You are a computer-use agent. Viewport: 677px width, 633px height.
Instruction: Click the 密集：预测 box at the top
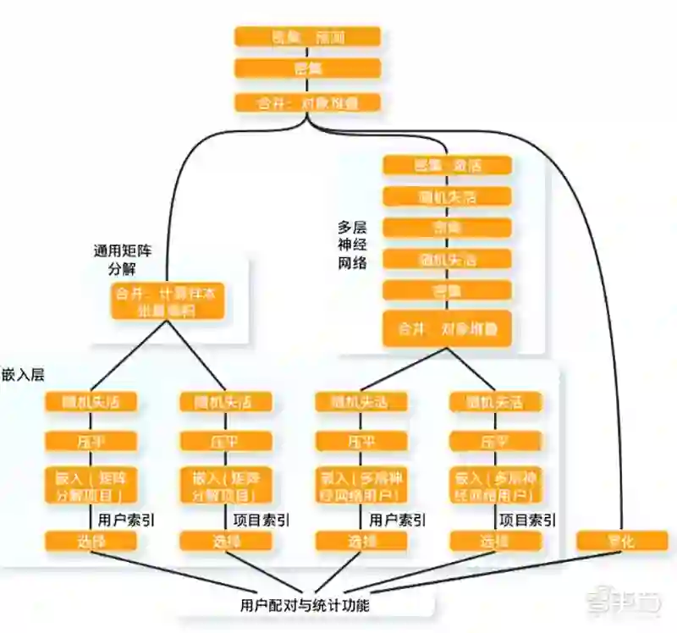point(307,36)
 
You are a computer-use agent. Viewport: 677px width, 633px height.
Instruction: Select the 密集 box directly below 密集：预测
point(307,69)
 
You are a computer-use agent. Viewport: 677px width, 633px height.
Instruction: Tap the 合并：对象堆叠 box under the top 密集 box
point(307,103)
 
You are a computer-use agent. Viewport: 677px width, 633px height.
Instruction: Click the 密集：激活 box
point(447,165)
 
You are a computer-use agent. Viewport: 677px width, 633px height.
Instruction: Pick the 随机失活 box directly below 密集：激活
point(447,196)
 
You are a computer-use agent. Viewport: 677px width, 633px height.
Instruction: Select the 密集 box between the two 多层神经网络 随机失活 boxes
point(447,228)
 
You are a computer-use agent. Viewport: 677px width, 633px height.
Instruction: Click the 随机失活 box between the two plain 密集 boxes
point(447,258)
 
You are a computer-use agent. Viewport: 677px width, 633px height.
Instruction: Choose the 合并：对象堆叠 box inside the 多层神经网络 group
point(447,328)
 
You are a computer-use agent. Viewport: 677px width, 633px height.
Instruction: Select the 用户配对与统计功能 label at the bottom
point(304,605)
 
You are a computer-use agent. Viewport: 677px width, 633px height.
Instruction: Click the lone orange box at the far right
point(621,541)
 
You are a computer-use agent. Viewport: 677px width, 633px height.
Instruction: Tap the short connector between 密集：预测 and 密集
point(307,52)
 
